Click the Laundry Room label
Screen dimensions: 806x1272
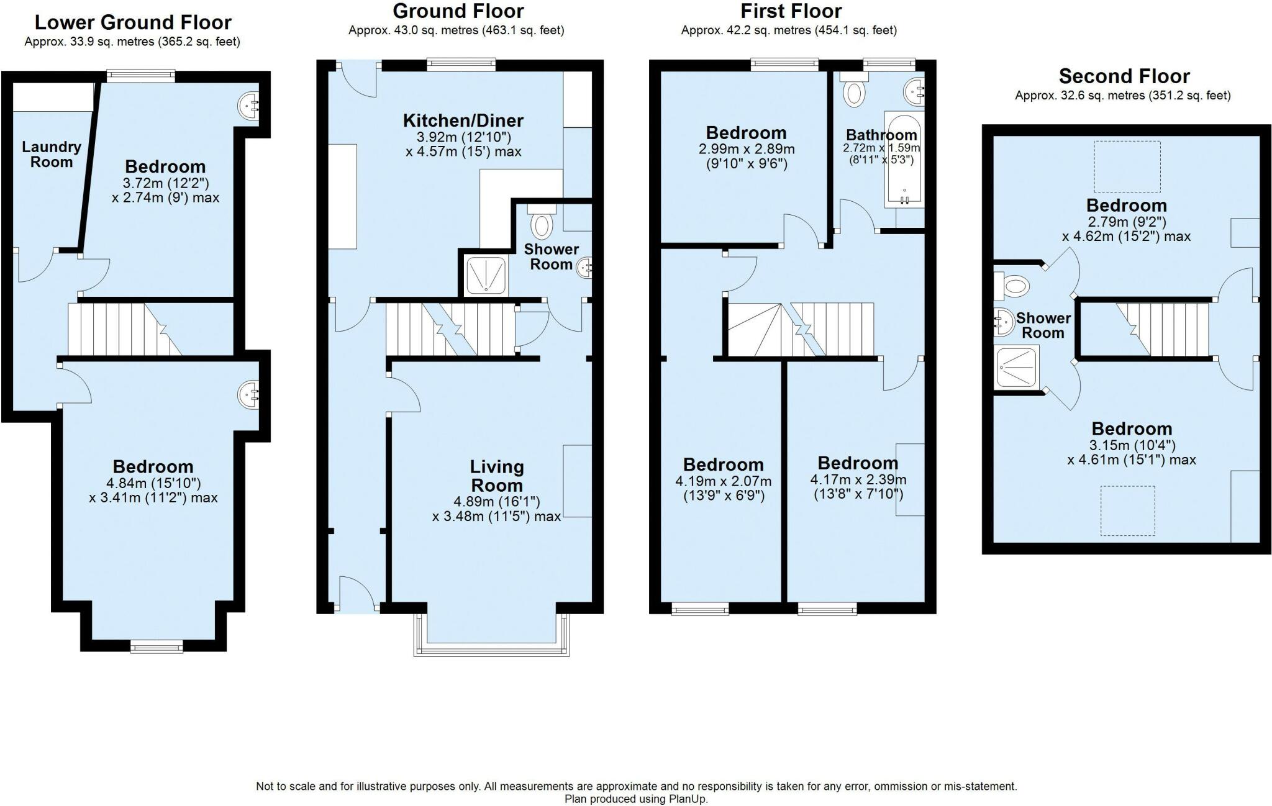[x=52, y=155]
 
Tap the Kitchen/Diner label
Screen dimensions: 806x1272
[x=463, y=120]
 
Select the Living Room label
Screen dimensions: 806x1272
[x=497, y=476]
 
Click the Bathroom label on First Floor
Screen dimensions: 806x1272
[x=881, y=135]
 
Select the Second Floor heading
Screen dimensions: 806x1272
[x=1124, y=76]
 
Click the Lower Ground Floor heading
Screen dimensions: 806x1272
[x=133, y=22]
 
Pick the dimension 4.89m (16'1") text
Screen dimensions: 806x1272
[x=497, y=501]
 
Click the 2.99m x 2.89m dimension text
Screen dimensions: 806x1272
[x=747, y=149]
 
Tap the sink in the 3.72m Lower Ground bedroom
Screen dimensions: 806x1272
[x=250, y=106]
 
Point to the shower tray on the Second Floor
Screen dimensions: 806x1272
[x=1016, y=368]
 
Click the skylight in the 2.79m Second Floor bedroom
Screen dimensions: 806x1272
[x=1127, y=166]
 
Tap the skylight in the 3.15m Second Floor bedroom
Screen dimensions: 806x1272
[x=1128, y=510]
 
